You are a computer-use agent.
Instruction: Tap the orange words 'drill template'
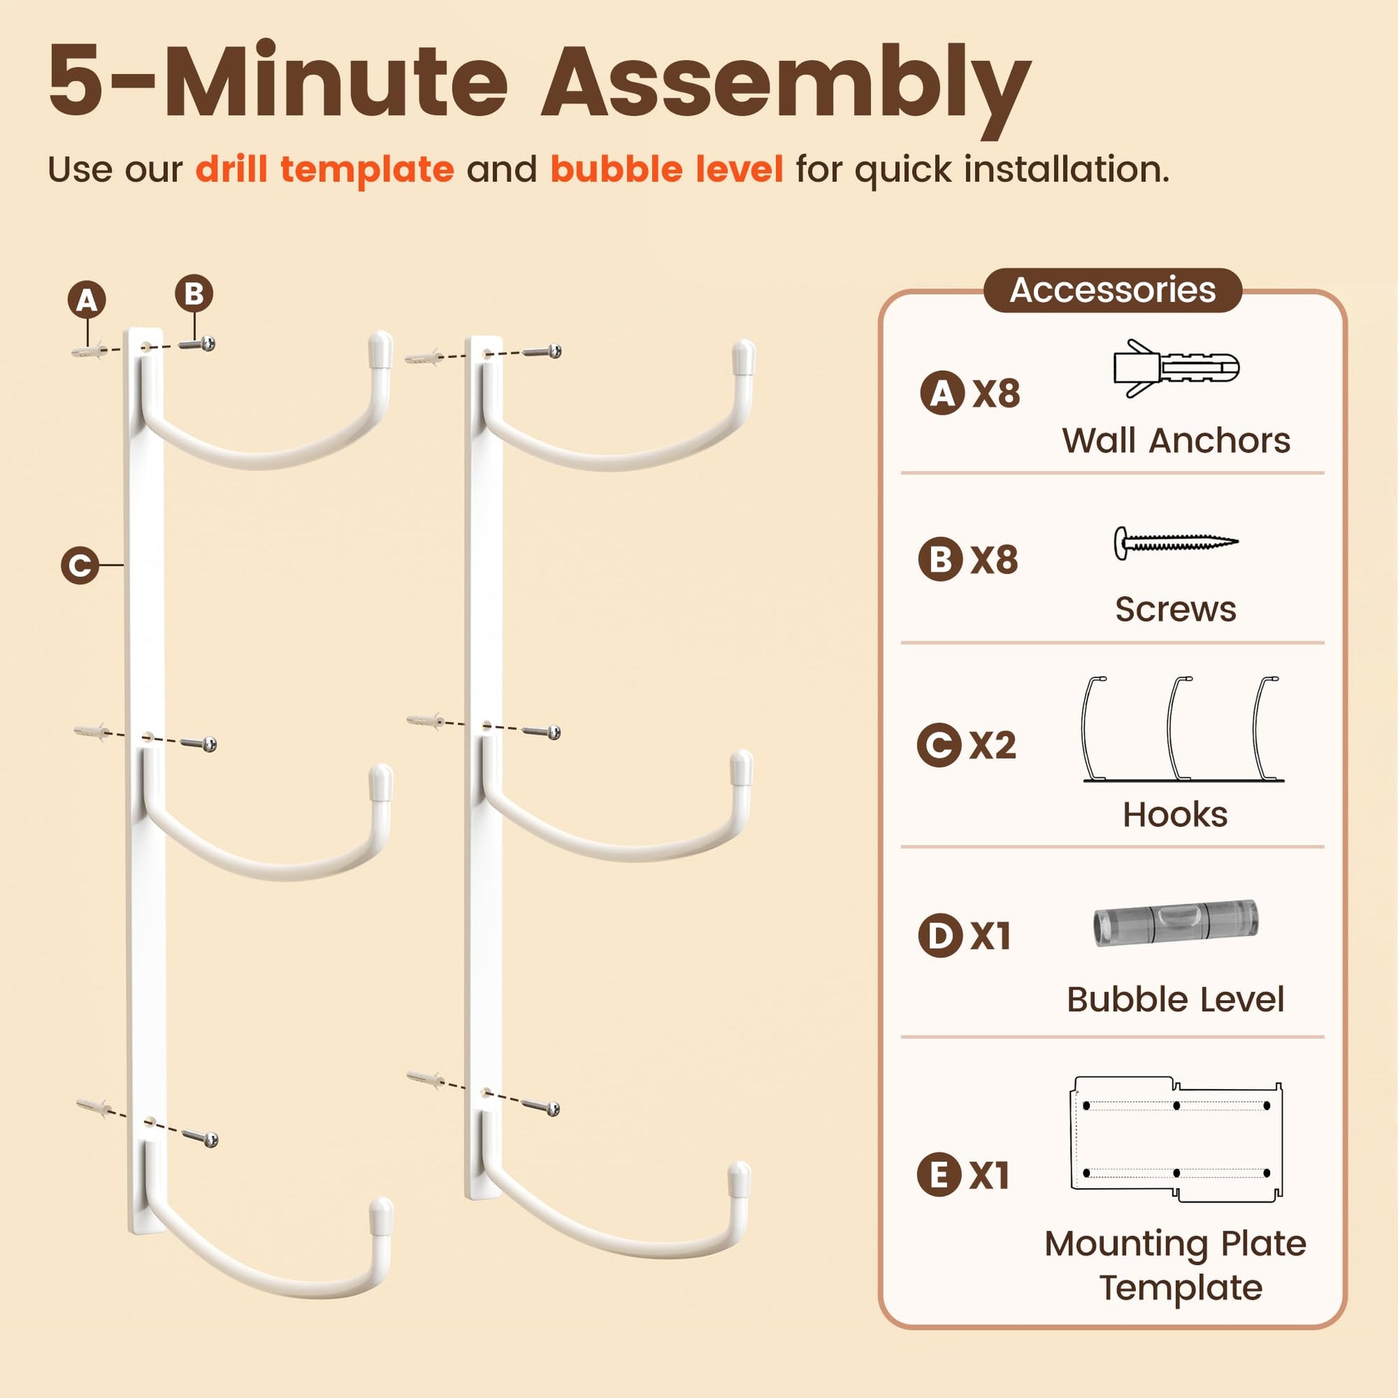point(325,170)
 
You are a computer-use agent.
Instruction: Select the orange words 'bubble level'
point(667,170)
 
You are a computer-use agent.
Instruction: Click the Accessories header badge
point(1113,290)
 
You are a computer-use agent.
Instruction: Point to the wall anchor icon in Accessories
point(1176,369)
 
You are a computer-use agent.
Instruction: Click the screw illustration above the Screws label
point(1176,542)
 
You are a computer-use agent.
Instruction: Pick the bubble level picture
point(1176,922)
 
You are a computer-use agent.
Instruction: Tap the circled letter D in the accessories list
point(940,935)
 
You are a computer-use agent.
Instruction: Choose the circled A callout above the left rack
point(87,300)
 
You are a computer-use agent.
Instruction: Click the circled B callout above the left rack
point(194,294)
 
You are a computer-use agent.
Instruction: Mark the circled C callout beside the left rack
point(80,565)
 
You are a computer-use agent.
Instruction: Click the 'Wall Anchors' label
point(1176,440)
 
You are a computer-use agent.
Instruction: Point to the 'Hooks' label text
point(1175,815)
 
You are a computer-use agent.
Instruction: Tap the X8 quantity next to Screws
point(994,560)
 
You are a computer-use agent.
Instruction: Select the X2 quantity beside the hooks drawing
point(993,745)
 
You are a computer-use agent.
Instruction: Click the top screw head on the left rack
point(208,343)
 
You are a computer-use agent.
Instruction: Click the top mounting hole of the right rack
point(488,355)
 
